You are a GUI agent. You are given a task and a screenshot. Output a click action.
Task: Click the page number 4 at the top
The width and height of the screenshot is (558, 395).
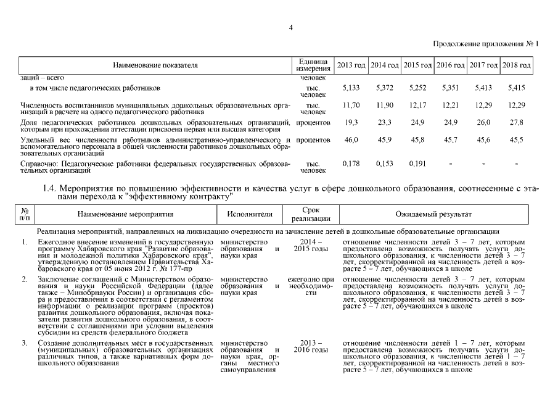click(291, 27)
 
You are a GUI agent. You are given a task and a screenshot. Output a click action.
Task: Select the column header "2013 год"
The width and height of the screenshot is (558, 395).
click(351, 65)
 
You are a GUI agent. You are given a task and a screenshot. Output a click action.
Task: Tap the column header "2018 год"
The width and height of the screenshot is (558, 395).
click(517, 65)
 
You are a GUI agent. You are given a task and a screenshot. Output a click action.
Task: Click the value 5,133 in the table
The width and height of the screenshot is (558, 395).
click(351, 89)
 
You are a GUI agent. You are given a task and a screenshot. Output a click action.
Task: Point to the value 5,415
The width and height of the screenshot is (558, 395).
click(517, 89)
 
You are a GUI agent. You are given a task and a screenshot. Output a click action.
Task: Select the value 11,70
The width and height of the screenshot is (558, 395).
click(351, 106)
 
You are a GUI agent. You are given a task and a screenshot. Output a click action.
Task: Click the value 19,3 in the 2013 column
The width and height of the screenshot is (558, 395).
click(351, 123)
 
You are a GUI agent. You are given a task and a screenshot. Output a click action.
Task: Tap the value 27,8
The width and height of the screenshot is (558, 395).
click(517, 123)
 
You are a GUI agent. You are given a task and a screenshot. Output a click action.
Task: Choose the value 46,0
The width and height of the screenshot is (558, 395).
click(351, 140)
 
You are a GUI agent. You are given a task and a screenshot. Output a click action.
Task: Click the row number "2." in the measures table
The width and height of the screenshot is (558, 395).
click(25, 280)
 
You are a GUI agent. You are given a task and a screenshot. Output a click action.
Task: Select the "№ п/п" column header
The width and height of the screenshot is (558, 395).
click(25, 214)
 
